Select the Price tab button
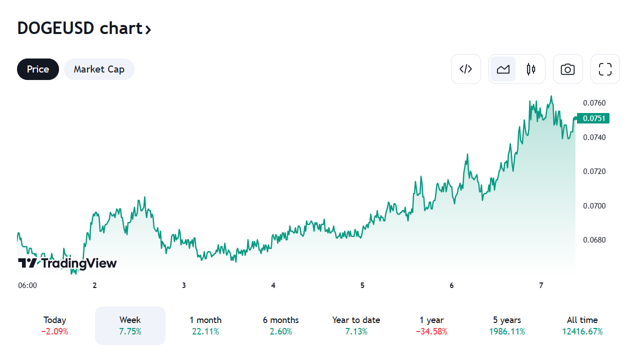pos(38,69)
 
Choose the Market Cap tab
pos(99,69)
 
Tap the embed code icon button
pos(465,69)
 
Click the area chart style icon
pos(503,69)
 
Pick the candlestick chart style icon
pos(531,69)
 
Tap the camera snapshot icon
pos(567,69)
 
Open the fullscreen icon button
pos(605,69)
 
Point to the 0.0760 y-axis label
pos(594,103)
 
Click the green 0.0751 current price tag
pos(593,118)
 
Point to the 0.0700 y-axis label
pos(594,206)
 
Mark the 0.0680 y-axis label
pos(594,240)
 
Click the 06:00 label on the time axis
pos(27,285)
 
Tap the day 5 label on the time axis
pos(362,285)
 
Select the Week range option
pos(130,325)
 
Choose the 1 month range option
pos(205,325)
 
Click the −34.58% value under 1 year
pos(431,331)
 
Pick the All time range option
pos(582,325)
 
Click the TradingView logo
pos(67,263)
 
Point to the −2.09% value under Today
pos(55,331)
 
